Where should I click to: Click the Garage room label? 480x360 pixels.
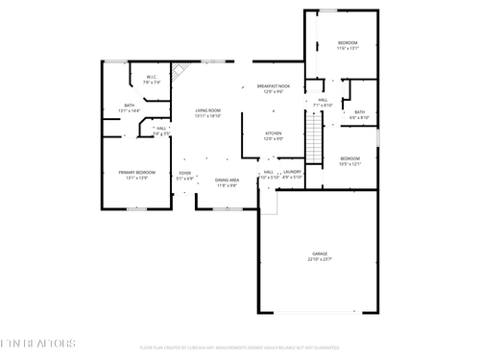tap(319, 256)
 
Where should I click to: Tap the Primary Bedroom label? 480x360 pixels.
tap(133, 176)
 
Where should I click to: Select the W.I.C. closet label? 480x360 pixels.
tap(152, 80)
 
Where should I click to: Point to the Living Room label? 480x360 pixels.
tap(207, 112)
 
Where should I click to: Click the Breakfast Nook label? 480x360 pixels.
tap(273, 90)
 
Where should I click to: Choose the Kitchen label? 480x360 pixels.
tap(273, 135)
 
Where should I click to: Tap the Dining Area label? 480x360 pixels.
tap(227, 182)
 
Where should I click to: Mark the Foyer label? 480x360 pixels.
tap(185, 176)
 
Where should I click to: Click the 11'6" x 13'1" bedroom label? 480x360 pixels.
tap(348, 45)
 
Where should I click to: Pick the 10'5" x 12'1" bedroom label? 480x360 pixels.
tap(349, 160)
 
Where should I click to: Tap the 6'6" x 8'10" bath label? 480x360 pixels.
tap(359, 114)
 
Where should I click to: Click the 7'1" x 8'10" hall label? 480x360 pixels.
tap(324, 102)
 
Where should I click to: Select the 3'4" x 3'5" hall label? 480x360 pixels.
tap(161, 131)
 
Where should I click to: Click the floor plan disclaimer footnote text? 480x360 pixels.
tap(240, 348)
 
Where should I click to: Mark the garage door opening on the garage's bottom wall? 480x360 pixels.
tap(319, 312)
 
